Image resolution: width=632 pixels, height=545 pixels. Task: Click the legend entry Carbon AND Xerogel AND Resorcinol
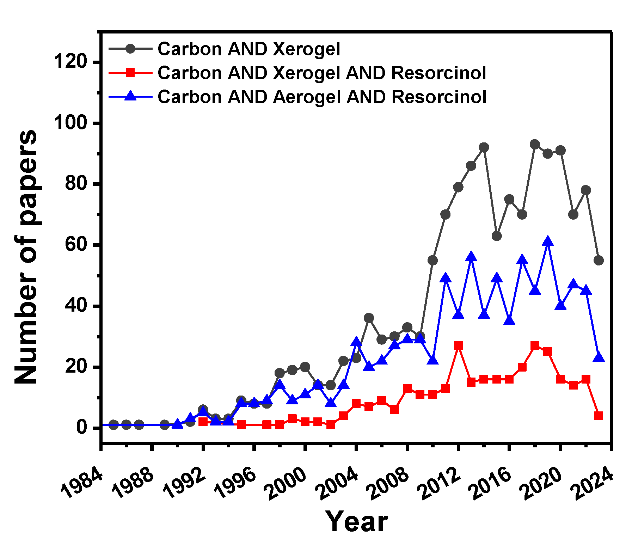(x=321, y=73)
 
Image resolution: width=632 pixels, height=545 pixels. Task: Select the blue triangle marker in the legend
(x=130, y=96)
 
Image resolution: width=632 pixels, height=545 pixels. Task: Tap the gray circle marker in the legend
(x=130, y=49)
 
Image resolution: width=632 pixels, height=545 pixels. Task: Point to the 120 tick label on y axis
(x=70, y=62)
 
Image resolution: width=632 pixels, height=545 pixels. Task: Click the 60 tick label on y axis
(x=76, y=245)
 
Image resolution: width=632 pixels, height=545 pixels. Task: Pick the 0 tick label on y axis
(x=82, y=428)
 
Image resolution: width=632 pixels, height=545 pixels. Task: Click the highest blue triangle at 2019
(x=547, y=241)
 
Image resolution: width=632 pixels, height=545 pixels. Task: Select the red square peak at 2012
(x=458, y=345)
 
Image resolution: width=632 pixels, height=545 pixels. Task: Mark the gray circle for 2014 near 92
(x=484, y=147)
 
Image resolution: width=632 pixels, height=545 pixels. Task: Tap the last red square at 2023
(x=599, y=416)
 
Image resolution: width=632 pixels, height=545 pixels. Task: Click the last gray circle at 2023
(x=599, y=260)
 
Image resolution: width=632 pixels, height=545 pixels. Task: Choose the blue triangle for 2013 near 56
(x=471, y=257)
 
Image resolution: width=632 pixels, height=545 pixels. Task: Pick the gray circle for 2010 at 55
(x=432, y=260)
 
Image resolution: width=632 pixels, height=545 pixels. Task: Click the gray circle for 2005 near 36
(x=369, y=318)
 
